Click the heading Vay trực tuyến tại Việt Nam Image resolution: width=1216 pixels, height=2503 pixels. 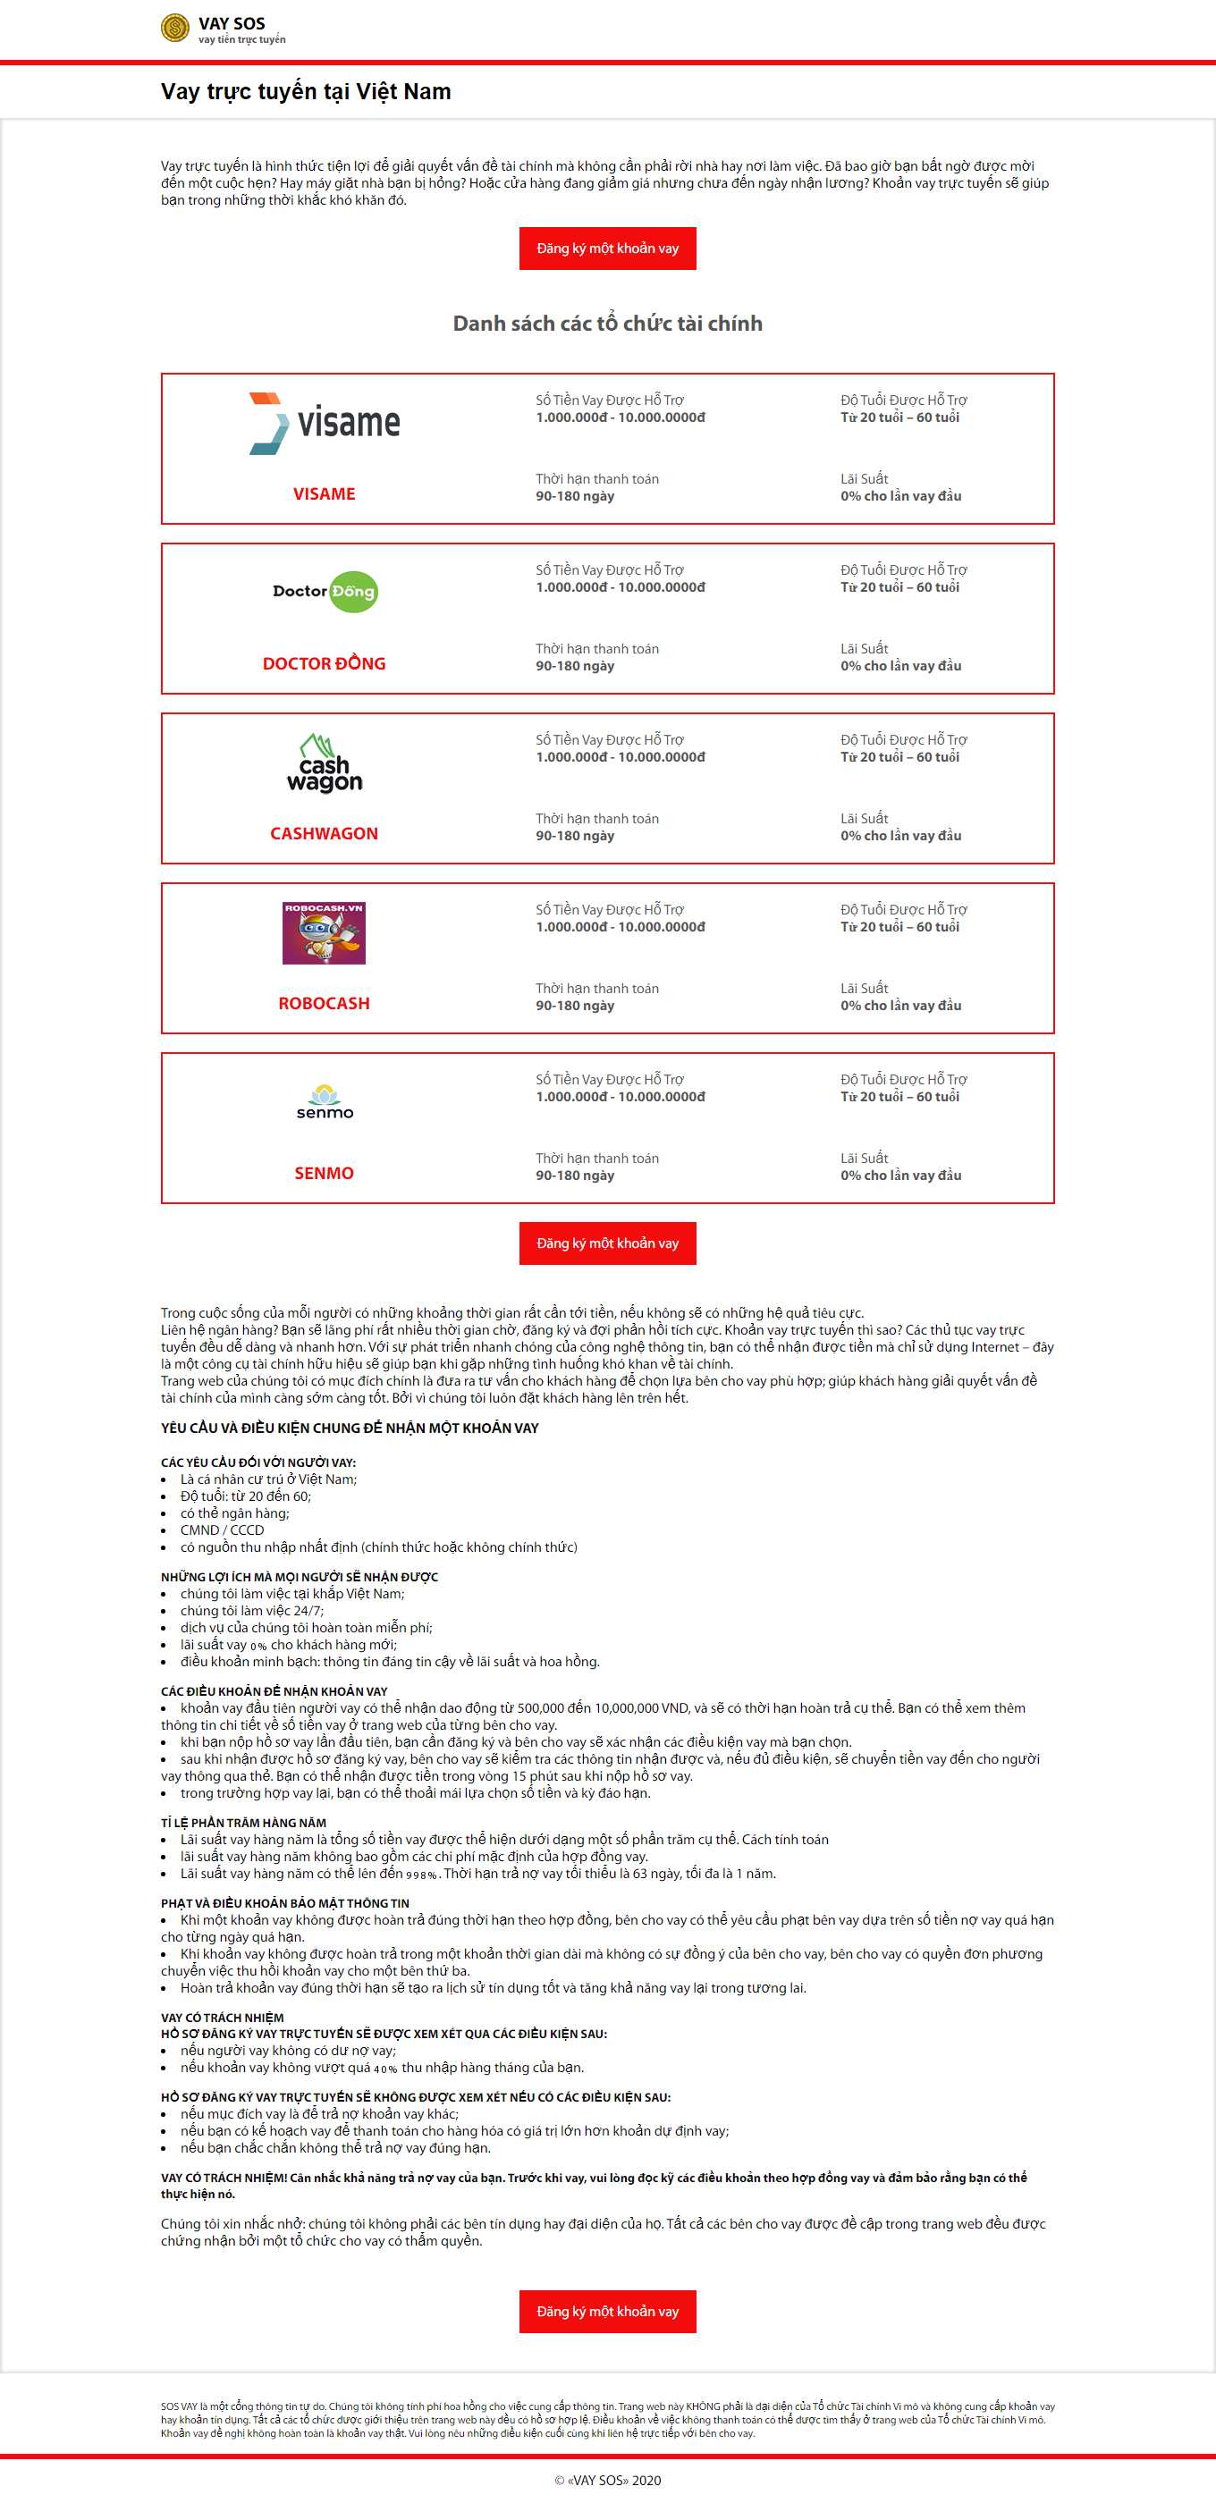(305, 91)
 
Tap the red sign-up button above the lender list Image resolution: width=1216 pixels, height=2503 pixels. (607, 249)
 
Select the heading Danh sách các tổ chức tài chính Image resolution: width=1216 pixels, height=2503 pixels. (607, 324)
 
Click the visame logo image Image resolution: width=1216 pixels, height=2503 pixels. (324, 424)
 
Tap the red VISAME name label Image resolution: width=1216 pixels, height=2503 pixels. (324, 494)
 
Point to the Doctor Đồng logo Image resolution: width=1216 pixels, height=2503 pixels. (325, 592)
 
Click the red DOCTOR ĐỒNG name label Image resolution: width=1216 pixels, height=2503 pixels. (324, 663)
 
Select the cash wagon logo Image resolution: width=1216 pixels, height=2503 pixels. (324, 763)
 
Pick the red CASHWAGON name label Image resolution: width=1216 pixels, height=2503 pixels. (324, 834)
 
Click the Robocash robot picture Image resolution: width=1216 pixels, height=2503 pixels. (324, 932)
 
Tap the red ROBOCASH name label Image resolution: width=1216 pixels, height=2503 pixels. (324, 1004)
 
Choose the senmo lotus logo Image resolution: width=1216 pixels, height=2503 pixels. (325, 1103)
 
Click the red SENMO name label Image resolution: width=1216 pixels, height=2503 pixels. (324, 1174)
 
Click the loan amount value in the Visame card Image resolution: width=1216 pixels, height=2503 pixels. (621, 417)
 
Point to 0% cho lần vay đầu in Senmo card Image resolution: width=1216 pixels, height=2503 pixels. (900, 1176)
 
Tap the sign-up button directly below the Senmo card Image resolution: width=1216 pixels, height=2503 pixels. (607, 1243)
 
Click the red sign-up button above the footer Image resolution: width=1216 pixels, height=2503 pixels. (607, 2312)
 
